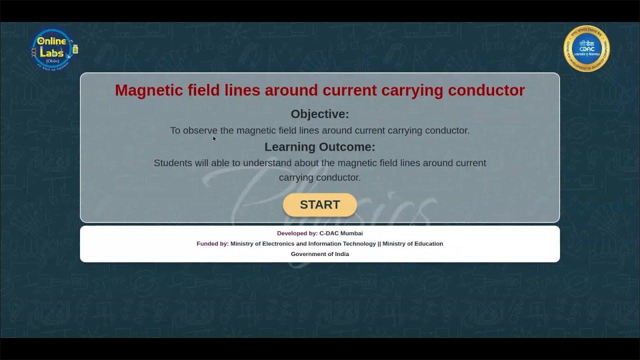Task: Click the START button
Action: pos(320,205)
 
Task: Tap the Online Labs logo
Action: pos(53,49)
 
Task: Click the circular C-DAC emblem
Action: pos(586,48)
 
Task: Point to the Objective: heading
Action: pos(320,114)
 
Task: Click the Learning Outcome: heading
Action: pos(320,147)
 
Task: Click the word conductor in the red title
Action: pos(486,90)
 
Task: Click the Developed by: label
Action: pos(297,233)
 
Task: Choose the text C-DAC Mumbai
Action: pos(341,233)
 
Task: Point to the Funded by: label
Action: pos(212,244)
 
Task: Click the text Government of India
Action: pos(320,254)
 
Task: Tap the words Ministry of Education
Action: pos(412,244)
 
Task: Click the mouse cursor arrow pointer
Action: pos(214,138)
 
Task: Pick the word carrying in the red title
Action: pos(412,90)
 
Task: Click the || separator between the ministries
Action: pos(379,244)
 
